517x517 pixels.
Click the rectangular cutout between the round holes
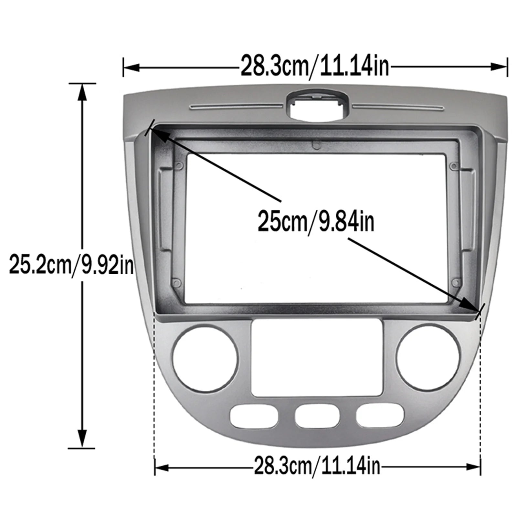click(x=317, y=358)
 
